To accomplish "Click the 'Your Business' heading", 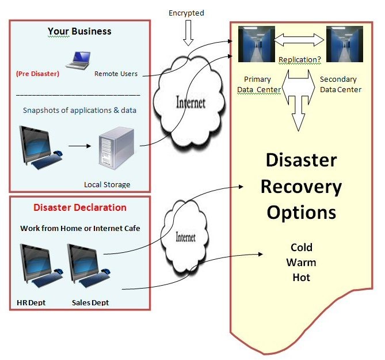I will coord(79,31).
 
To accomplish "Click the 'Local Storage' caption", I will coord(107,184).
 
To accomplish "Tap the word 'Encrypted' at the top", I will coord(186,13).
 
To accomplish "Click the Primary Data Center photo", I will coord(256,44).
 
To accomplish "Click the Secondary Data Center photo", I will coord(344,44).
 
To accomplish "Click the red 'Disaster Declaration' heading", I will coord(80,207).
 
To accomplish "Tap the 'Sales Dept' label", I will coord(90,302).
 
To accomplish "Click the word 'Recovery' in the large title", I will coord(301,186).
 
